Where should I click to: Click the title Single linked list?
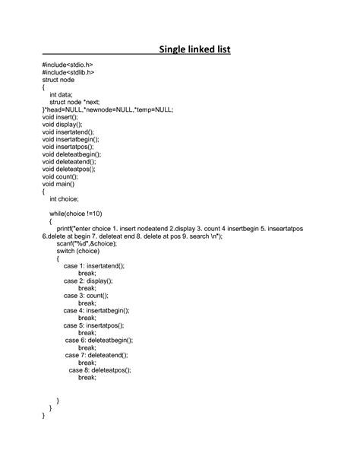click(194, 50)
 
